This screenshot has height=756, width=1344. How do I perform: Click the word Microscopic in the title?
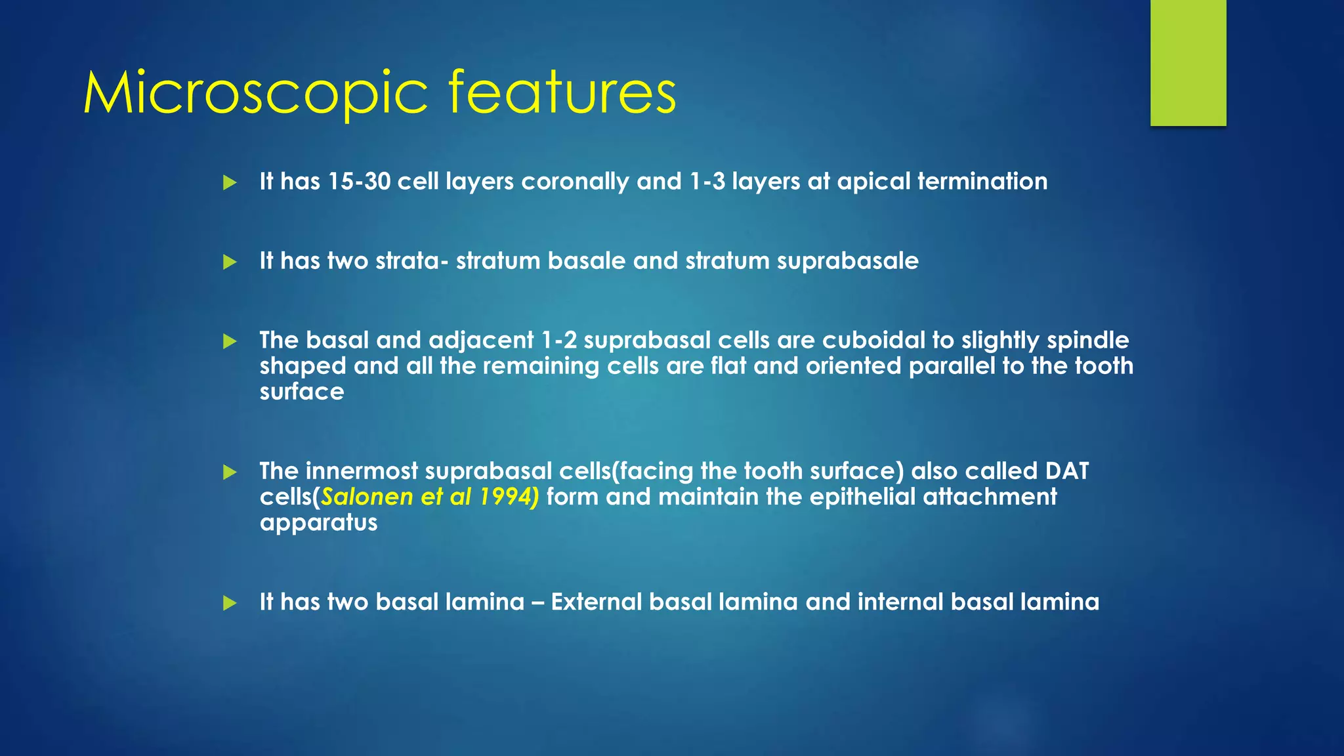256,93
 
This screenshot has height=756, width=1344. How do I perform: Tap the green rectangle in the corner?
1188,62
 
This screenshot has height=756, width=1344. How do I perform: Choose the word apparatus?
318,523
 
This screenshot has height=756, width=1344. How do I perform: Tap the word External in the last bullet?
596,602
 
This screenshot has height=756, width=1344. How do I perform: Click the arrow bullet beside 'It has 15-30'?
230,182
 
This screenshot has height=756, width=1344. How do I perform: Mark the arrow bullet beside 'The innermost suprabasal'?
230,472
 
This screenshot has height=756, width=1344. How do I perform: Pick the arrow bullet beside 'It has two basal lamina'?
230,602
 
